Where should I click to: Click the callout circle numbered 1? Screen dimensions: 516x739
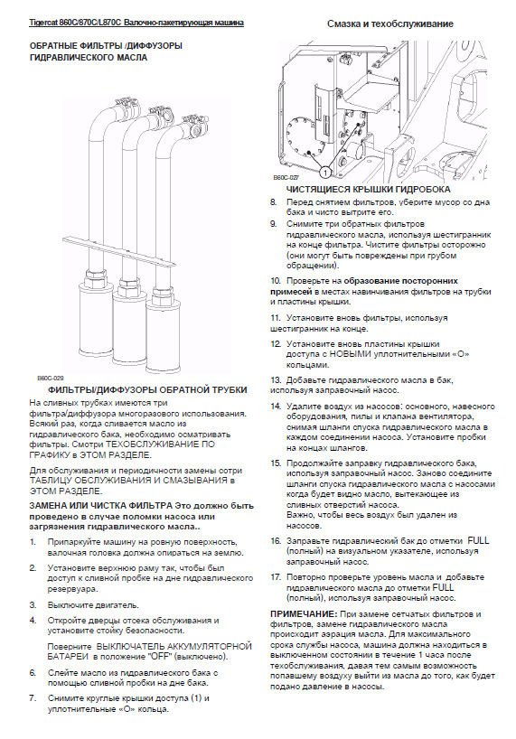click(324, 173)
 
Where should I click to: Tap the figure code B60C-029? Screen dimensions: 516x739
click(51, 378)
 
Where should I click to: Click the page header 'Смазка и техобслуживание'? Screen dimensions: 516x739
click(390, 23)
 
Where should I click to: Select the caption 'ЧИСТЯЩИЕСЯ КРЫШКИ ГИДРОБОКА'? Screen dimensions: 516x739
click(369, 190)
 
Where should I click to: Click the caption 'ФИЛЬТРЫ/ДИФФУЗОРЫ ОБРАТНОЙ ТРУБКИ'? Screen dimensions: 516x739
click(147, 390)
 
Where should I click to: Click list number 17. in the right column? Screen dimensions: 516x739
click(276, 577)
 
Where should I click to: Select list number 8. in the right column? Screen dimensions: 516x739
click(273, 202)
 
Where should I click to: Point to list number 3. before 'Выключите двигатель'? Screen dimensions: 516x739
click(33, 604)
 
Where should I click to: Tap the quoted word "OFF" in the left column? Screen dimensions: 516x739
click(157, 657)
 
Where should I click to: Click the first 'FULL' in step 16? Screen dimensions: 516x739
click(478, 540)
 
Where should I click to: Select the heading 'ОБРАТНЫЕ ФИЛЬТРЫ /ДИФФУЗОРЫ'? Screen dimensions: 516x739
click(106, 46)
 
